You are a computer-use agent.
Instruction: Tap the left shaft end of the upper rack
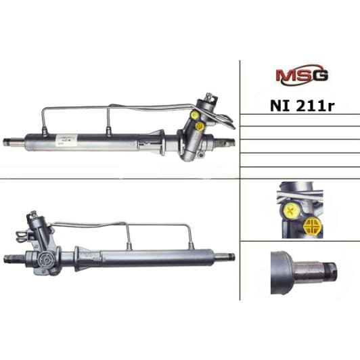[x=12, y=141]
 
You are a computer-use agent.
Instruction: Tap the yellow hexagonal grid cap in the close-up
[x=313, y=225]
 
